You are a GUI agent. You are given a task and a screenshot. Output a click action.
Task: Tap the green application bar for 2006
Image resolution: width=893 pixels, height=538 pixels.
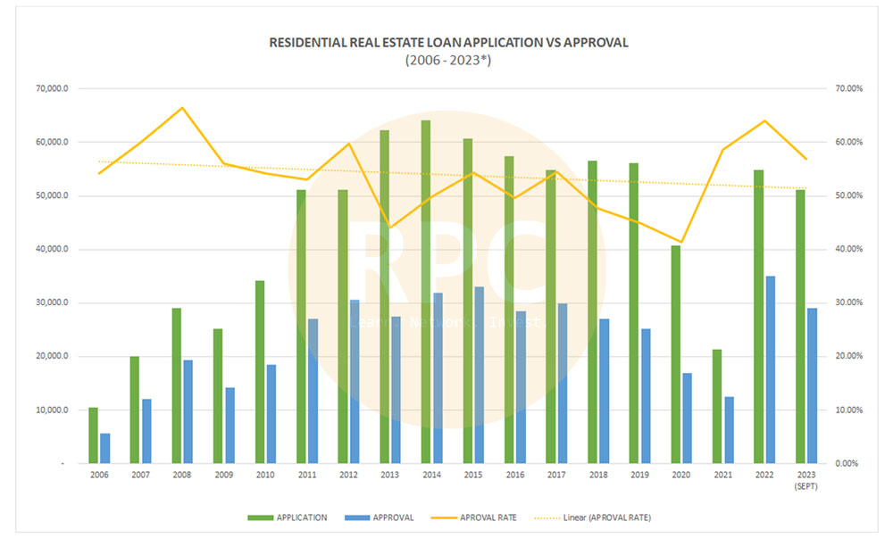click(93, 435)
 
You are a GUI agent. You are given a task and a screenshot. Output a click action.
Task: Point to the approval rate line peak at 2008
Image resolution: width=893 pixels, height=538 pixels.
click(182, 108)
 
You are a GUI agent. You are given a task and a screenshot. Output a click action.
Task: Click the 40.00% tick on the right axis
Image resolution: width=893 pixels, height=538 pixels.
click(848, 249)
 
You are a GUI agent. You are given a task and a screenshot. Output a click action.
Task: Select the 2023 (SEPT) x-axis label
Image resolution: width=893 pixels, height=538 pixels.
click(806, 481)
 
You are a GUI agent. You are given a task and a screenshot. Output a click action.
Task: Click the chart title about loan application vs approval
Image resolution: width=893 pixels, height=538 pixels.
click(446, 42)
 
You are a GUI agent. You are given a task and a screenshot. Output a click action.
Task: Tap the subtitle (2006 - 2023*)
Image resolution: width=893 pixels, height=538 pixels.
click(446, 59)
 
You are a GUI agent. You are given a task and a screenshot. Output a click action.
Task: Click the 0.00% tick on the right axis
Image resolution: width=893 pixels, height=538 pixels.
click(848, 464)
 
